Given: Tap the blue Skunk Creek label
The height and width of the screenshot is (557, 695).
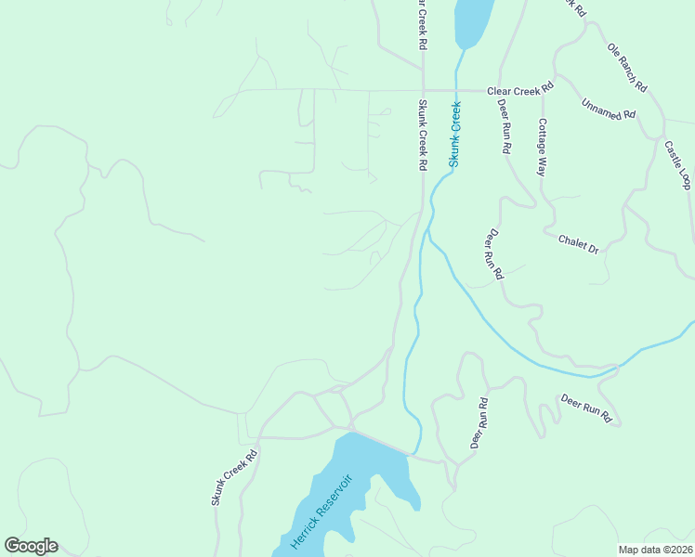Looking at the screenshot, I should point(455,135).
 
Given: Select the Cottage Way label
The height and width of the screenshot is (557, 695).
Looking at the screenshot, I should point(542,147).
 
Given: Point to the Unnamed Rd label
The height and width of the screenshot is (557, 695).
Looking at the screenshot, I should point(608,109).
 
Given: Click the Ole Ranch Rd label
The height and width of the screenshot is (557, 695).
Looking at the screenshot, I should point(627,66).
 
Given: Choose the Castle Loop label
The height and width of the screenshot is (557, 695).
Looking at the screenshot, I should point(677,164).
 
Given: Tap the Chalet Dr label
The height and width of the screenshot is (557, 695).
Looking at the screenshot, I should point(578,244).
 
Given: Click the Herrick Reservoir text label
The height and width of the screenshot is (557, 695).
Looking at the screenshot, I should point(321,512).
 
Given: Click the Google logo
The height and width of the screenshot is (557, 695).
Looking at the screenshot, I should point(31,546).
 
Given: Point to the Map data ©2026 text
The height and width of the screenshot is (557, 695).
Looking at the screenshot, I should point(655,550).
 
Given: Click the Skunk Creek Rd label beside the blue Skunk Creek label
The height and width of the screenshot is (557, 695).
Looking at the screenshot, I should point(422,135).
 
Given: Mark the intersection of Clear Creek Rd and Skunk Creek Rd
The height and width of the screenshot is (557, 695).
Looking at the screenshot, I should point(423,91).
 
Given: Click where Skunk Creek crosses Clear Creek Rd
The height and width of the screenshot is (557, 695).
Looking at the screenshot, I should point(456,91).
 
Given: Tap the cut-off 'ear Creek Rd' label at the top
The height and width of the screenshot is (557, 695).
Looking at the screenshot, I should point(421,23).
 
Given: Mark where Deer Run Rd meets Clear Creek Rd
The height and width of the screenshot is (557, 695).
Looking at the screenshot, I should point(500,92).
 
